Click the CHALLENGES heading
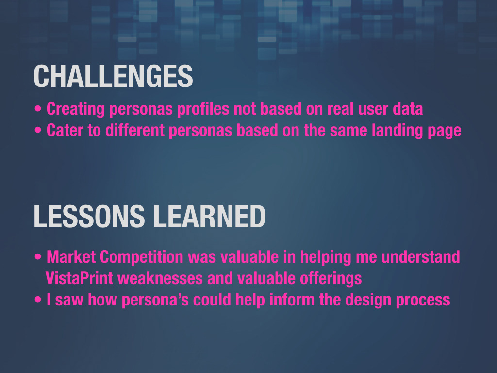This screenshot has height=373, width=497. (113, 76)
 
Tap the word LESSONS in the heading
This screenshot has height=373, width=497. (89, 216)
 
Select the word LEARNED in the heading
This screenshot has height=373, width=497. (209, 216)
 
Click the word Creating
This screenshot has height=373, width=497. (75, 109)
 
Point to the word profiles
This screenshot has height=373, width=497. (203, 109)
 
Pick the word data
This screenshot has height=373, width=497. (408, 109)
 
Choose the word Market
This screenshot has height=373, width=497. (71, 257)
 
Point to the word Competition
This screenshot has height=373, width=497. (142, 257)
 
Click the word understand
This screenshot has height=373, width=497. (421, 257)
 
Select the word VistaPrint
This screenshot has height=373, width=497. (79, 278)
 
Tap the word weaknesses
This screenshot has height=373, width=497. (160, 278)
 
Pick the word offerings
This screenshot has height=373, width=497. (331, 279)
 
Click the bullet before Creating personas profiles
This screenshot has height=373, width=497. (38, 109)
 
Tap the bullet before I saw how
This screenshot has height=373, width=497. (38, 299)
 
